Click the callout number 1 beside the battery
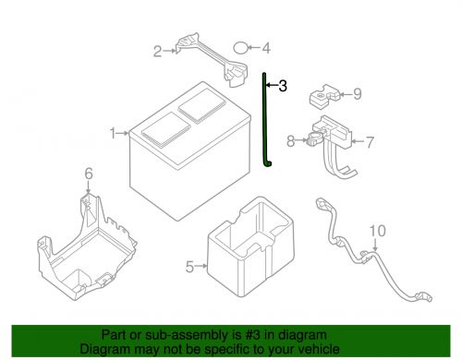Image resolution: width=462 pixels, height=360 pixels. [113, 134]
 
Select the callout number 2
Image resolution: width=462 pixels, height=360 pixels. [158, 52]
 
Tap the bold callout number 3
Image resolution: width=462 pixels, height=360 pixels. [283, 86]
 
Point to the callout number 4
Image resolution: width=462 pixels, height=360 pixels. [266, 48]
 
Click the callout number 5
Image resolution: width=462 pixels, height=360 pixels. [189, 267]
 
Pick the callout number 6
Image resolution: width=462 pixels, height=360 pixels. [89, 174]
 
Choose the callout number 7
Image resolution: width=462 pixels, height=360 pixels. [370, 142]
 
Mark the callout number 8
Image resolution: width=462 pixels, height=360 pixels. [291, 141]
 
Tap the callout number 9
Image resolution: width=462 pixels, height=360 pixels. [358, 94]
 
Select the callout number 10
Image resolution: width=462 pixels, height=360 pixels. [377, 231]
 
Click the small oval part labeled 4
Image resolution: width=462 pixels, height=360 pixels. [240, 48]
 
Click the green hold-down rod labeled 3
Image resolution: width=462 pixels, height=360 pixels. [264, 120]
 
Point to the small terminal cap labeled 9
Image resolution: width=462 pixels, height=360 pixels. [324, 96]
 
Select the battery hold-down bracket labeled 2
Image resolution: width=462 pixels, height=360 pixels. [212, 59]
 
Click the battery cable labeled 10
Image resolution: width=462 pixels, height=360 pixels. [373, 253]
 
